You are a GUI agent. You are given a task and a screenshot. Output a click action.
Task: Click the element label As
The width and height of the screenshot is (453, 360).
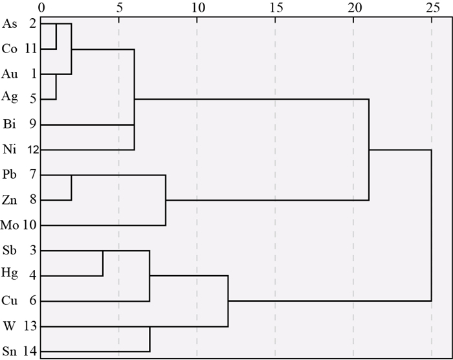tap(10, 24)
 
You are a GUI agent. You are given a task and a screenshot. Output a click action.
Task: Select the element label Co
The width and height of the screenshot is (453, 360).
tap(9, 49)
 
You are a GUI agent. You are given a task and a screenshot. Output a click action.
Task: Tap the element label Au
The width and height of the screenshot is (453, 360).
tap(10, 74)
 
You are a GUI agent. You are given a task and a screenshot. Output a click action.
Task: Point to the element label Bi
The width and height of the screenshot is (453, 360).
tap(10, 124)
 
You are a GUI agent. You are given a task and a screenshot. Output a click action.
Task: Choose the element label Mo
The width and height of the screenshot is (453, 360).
tap(10, 225)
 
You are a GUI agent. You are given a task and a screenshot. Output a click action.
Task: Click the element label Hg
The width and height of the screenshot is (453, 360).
tap(10, 273)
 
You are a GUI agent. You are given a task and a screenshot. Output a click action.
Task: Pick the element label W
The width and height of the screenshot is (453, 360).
tap(9, 326)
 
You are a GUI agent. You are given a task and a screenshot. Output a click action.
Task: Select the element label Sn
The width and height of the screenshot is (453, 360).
tap(9, 352)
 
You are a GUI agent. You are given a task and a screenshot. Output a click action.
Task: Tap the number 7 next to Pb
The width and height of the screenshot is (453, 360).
tap(33, 174)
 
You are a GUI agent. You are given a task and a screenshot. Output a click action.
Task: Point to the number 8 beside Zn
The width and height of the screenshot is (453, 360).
tap(33, 199)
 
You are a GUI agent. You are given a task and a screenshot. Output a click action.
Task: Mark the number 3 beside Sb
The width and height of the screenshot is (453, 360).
tap(33, 250)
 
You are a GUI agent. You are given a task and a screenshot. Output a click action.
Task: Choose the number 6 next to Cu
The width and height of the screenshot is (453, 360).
tap(33, 300)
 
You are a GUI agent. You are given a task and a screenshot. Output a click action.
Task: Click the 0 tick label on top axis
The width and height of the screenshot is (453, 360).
tap(41, 8)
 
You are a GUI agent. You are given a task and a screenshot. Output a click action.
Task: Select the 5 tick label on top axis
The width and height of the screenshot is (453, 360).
tap(119, 8)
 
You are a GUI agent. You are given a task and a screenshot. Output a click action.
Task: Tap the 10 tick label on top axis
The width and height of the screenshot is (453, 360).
tap(199, 8)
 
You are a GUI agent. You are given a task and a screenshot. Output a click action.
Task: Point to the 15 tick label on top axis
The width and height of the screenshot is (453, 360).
tap(276, 8)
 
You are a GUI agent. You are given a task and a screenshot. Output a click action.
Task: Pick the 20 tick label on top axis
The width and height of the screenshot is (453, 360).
tap(355, 8)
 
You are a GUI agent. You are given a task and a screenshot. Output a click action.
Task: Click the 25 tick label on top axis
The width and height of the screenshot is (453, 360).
tap(433, 8)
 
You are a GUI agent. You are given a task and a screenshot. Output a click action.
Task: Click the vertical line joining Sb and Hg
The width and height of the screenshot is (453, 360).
tap(103, 263)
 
